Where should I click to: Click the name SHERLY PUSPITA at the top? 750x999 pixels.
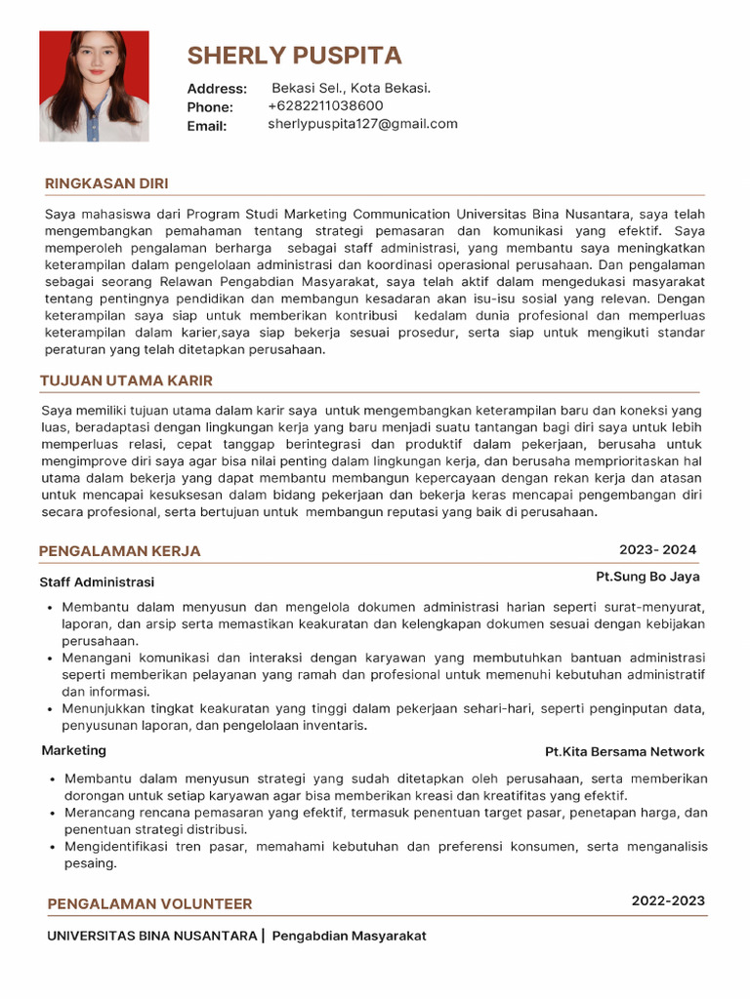pos(294,55)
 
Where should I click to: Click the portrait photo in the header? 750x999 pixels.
pos(94,87)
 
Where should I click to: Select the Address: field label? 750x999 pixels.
pos(217,89)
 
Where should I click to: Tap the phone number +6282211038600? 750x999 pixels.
pos(325,105)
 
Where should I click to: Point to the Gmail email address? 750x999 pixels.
pos(362,124)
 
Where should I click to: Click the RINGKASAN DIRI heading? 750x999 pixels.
pos(106,183)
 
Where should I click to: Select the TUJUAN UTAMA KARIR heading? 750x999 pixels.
pos(126,380)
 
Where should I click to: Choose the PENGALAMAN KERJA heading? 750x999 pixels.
pos(119,551)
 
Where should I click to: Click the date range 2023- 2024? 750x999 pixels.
pos(657,549)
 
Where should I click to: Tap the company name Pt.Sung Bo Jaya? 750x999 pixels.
pos(647,577)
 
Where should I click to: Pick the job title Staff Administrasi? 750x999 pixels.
pos(97,582)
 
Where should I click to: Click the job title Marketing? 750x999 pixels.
pos(74,750)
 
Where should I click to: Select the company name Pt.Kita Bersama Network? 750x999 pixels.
pos(624,751)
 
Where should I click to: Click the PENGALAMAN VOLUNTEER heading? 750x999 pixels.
pos(149,904)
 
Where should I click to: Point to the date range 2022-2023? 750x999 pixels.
pos(668,900)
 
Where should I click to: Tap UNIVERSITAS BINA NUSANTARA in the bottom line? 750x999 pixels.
pos(151,936)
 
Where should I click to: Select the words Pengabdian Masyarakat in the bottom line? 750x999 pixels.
pos(349,936)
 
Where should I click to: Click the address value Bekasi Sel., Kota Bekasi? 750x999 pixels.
pos(351,88)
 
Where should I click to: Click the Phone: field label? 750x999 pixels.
pos(210,107)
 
